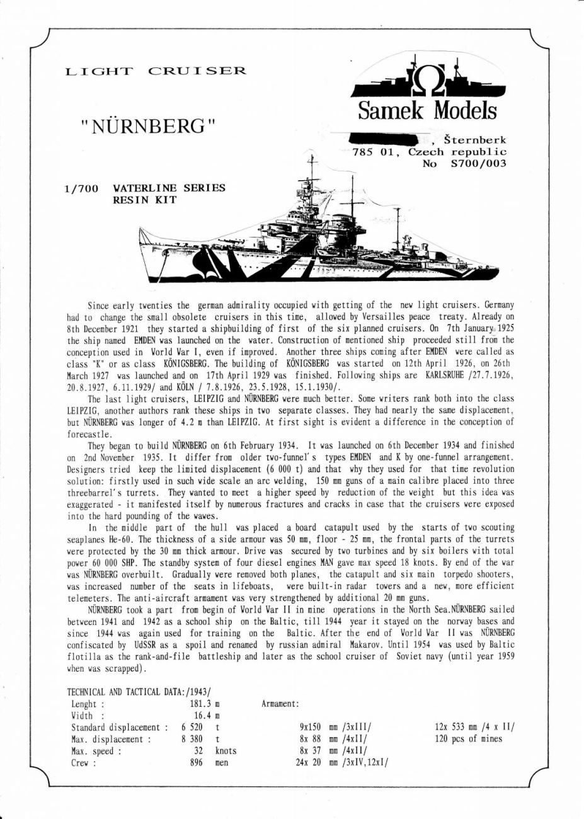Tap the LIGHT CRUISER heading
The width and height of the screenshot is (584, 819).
tap(156, 71)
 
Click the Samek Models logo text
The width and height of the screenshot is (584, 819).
tap(427, 111)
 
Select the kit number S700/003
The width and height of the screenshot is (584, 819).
tap(479, 164)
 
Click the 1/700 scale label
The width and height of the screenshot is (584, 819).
tap(81, 188)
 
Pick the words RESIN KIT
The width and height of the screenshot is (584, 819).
tap(144, 200)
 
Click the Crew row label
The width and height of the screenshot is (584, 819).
tap(83, 763)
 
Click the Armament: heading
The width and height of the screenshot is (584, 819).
tap(280, 704)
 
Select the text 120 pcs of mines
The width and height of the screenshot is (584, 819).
tap(469, 739)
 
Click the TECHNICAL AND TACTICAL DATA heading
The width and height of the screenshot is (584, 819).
tap(139, 692)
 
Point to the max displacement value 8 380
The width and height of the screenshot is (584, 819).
tap(192, 739)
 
